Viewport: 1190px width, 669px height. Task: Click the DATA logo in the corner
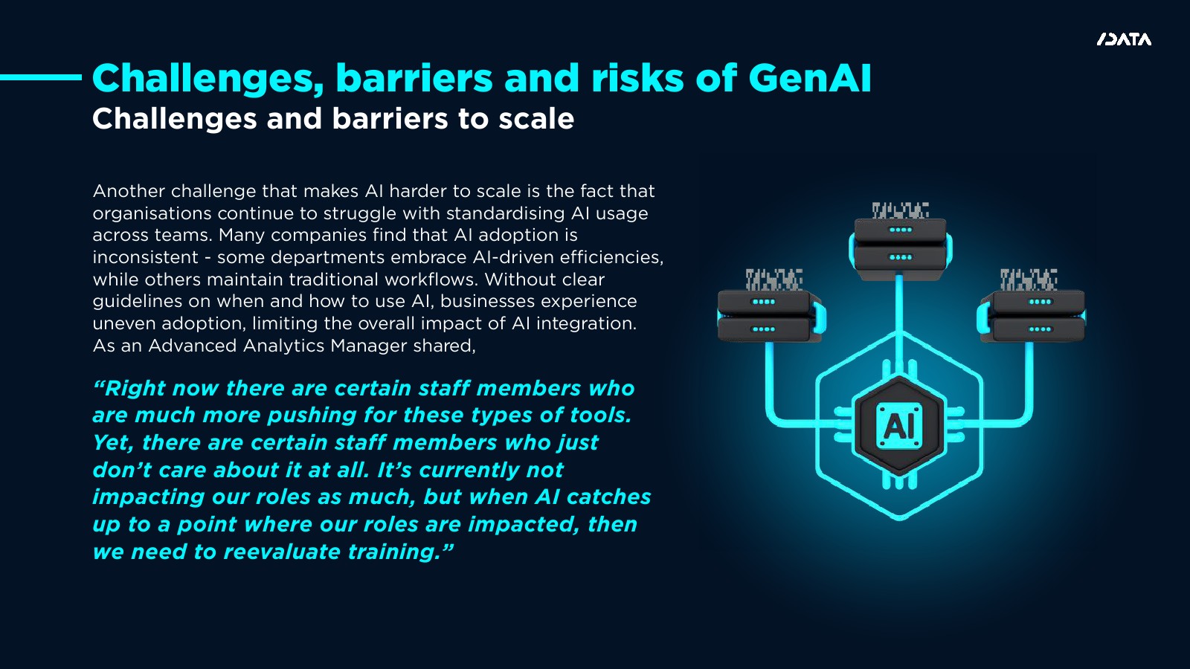pos(1124,40)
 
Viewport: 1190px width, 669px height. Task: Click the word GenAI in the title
pos(810,78)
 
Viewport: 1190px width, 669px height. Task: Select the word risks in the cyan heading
pos(637,78)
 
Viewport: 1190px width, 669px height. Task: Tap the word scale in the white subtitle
pos(536,118)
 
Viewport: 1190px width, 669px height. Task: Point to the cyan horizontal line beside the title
pos(41,77)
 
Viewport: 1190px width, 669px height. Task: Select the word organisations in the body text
pos(152,213)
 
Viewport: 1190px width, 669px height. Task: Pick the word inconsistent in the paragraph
pos(146,257)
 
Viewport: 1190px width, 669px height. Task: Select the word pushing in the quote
pos(312,416)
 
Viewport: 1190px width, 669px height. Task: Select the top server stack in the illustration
pos(900,243)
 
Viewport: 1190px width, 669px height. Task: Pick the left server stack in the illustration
pos(771,308)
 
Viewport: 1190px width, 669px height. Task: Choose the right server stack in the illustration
pos(1031,308)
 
